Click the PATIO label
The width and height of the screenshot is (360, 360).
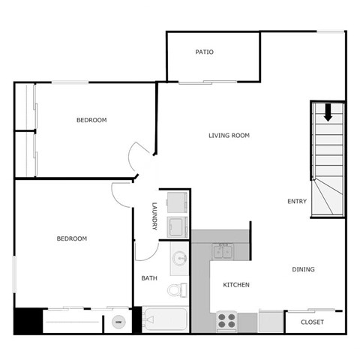(205, 52)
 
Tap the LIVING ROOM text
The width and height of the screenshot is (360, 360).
(229, 136)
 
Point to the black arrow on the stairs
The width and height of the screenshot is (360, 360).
(328, 114)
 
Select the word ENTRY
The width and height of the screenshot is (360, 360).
(297, 201)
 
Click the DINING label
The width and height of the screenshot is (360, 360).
(303, 270)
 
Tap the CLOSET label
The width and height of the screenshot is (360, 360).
(312, 322)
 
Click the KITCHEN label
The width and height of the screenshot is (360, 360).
(236, 285)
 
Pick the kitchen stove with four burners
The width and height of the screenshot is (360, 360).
(226, 321)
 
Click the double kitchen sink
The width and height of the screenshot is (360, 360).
(223, 251)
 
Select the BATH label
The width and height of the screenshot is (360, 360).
(149, 279)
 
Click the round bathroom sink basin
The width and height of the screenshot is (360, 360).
(180, 258)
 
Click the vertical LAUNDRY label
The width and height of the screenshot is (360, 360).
(154, 217)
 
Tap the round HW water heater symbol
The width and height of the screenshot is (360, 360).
(118, 322)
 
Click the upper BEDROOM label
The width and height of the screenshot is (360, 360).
(91, 121)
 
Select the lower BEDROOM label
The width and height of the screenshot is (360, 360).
(72, 238)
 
